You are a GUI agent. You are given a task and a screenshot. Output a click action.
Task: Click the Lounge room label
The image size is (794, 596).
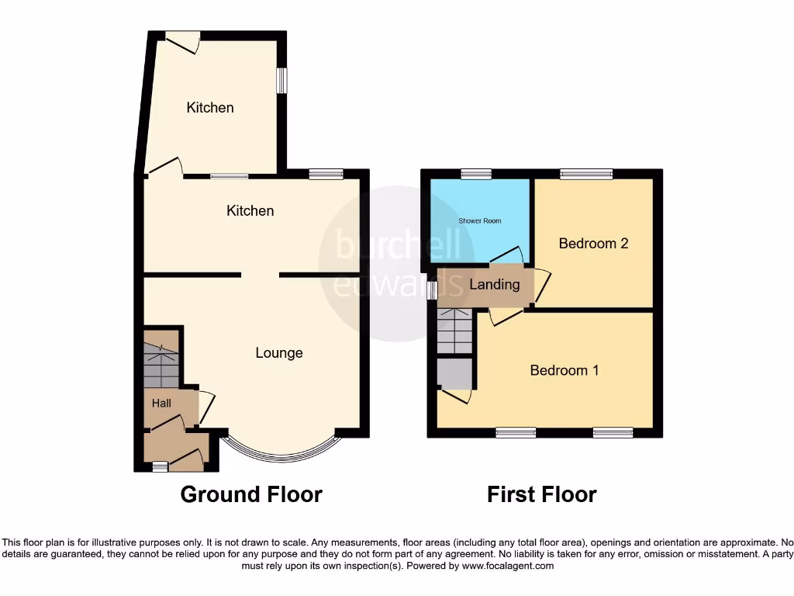pos(279,353)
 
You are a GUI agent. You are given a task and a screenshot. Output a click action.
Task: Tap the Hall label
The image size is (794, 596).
pos(161,404)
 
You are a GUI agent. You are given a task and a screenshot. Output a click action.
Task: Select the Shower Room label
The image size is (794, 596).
pos(479,221)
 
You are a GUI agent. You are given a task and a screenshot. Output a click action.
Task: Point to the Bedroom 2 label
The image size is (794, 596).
pos(593,244)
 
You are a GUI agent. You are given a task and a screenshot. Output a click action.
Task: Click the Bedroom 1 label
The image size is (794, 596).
pos(564,370)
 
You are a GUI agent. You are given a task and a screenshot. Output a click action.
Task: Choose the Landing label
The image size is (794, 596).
pos(495,285)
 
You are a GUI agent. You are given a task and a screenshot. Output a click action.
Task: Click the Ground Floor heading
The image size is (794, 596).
pos(251,494)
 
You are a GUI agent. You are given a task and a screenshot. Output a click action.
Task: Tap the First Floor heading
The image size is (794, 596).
pos(541,494)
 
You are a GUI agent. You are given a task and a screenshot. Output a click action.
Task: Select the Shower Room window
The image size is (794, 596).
pos(476,174)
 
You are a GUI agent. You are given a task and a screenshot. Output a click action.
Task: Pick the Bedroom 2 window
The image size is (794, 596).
pos(587,174)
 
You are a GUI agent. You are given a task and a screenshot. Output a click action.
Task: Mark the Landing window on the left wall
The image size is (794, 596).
pos(433,289)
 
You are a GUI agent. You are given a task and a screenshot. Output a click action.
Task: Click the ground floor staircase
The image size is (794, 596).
pos(161,359)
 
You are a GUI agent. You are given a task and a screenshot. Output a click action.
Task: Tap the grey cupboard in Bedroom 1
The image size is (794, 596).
pos(454,374)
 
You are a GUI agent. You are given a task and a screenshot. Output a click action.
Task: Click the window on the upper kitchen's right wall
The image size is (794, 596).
pos(282,81)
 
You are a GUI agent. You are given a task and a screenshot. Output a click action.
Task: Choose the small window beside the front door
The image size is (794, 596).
pos(160,466)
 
